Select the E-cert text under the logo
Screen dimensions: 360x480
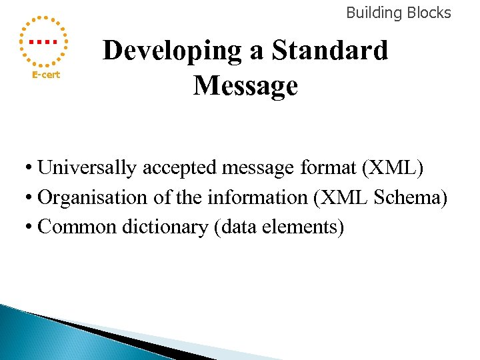click(x=47, y=75)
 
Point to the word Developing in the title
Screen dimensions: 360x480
click(x=173, y=51)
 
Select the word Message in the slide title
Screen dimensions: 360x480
click(x=245, y=86)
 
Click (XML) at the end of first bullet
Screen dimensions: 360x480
click(x=392, y=168)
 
